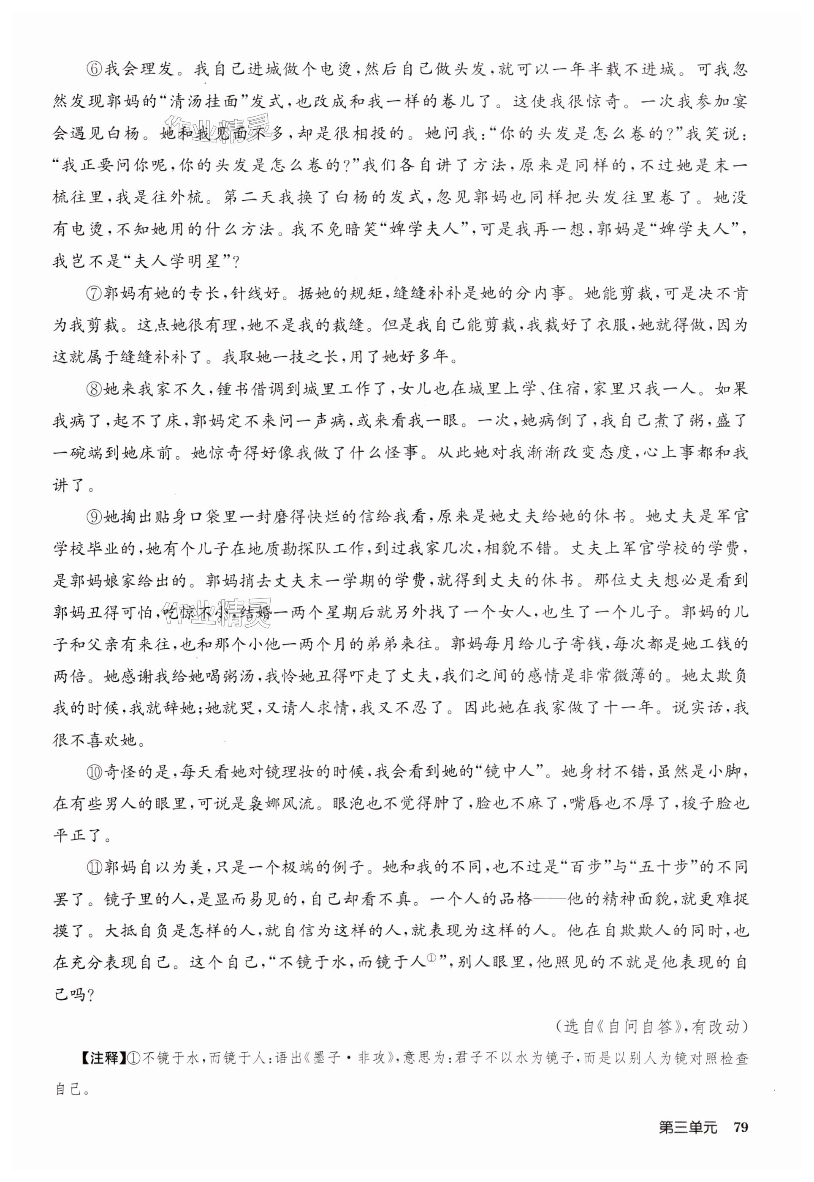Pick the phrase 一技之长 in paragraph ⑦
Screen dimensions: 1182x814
coord(289,357)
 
